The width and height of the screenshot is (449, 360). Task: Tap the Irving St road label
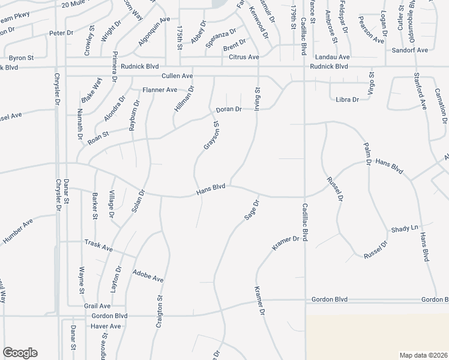tap(256, 97)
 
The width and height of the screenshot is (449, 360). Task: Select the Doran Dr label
tap(229, 109)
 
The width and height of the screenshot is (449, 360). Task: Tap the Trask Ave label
tap(98, 247)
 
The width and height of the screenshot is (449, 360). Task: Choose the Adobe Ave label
tap(148, 275)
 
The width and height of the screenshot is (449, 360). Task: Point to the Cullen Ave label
tap(177, 76)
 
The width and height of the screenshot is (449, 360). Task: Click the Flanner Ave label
tap(160, 90)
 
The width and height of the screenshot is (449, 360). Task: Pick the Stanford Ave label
tap(420, 90)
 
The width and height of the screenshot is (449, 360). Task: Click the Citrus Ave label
tap(244, 57)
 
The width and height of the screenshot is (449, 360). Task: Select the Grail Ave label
tap(97, 305)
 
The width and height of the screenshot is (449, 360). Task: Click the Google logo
tap(19, 353)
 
